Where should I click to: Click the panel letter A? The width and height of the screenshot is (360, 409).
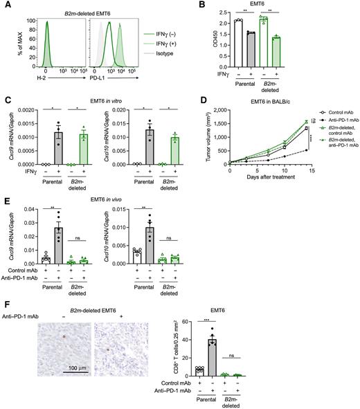click(6, 6)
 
